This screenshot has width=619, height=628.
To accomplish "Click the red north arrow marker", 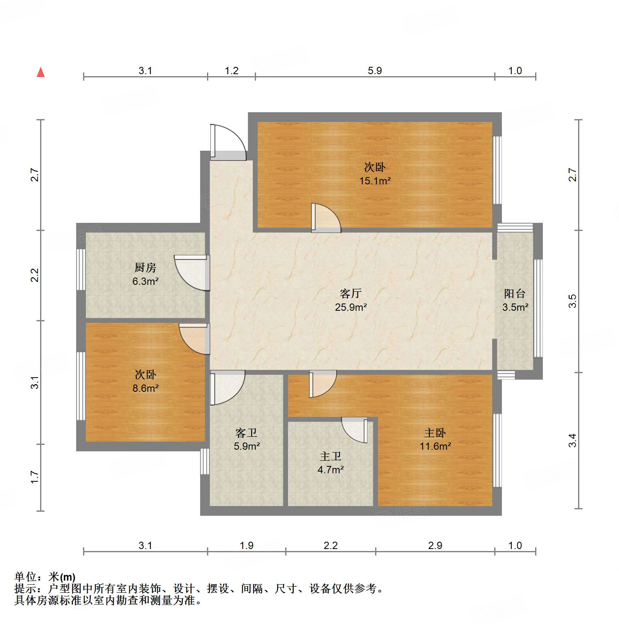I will [41, 72].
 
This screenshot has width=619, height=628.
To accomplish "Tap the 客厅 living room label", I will [350, 293].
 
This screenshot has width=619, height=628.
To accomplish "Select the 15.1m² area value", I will [375, 181].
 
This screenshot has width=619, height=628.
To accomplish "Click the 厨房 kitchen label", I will [145, 267].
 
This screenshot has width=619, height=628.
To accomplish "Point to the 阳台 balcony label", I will [514, 293].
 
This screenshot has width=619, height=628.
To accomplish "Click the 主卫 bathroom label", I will [330, 456].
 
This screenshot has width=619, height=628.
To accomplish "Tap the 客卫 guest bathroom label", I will [246, 433].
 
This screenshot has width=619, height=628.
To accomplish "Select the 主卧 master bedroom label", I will [435, 433].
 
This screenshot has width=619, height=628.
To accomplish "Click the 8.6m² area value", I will [145, 388].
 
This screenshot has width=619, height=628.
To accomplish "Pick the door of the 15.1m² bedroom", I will [325, 219].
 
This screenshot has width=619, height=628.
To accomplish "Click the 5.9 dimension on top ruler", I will [375, 70].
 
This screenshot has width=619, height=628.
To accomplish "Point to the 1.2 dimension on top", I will [231, 70].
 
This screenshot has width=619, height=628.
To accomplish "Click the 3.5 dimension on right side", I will [572, 301].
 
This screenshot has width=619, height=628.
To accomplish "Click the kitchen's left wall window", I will [81, 269].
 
